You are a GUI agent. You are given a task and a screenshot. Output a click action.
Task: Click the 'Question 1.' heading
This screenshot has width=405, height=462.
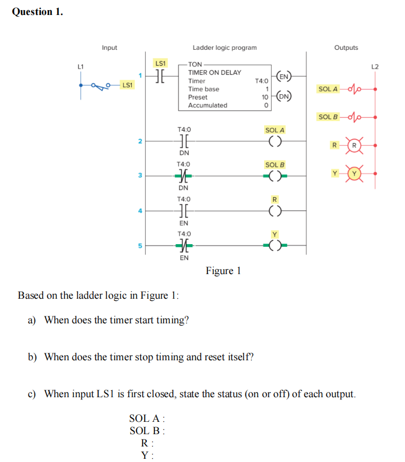coord(37,11)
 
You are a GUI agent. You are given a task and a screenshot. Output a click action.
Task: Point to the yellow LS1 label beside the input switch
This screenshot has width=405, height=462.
coord(127,85)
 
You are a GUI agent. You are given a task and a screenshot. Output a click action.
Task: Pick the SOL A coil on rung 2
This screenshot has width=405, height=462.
coord(275,141)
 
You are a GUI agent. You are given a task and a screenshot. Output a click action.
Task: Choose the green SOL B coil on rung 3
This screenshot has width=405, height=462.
coord(275,175)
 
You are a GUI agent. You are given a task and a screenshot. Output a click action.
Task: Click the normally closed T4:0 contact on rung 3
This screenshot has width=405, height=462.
coord(183,176)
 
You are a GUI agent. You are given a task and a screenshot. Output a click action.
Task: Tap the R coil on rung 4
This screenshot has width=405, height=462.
coord(275,211)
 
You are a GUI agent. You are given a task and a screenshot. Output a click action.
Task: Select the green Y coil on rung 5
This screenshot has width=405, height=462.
coord(275,245)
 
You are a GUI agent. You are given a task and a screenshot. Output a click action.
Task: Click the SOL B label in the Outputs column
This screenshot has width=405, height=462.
coord(328,117)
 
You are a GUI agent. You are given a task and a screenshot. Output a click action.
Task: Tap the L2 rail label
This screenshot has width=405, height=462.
coord(374,66)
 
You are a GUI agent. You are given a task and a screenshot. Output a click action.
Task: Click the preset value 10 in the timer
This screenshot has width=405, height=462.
coord(265,97)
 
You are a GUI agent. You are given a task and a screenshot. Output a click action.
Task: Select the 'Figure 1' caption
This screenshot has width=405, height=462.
coord(223,271)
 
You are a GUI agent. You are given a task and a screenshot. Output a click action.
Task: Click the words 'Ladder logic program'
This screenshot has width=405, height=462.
coord(224,48)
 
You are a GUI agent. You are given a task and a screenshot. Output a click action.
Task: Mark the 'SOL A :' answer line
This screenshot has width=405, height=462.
coord(147,419)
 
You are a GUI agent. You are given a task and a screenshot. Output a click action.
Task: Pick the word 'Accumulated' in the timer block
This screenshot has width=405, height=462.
coord(207,105)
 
